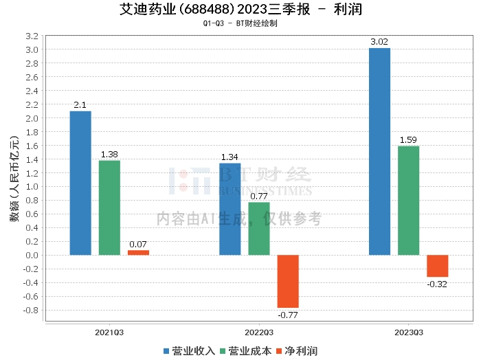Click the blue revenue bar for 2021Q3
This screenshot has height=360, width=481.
tap(80, 183)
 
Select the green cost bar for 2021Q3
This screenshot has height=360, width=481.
tap(109, 208)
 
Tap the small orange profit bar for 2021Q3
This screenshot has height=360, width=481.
tap(138, 253)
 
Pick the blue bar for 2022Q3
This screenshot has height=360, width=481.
tap(230, 209)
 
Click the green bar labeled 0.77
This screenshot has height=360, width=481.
tap(259, 229)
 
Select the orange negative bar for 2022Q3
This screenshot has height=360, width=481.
tap(288, 282)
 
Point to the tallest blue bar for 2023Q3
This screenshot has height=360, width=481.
tap(379, 151)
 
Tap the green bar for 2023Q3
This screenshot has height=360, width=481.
tap(409, 201)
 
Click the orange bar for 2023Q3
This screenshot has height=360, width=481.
tap(438, 266)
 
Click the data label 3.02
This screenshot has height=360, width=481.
tap(379, 42)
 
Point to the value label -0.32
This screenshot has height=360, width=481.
tap(437, 284)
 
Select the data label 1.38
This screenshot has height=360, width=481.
tap(109, 155)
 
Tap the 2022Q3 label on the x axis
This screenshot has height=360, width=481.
tap(259, 333)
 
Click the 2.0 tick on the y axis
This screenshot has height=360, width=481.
tap(32, 118)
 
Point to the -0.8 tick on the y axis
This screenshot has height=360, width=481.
tap(31, 310)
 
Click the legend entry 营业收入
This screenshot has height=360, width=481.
tap(189, 351)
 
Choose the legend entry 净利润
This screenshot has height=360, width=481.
tap(297, 351)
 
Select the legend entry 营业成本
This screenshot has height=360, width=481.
tap(246, 351)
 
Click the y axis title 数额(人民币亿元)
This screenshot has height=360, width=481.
tap(14, 179)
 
